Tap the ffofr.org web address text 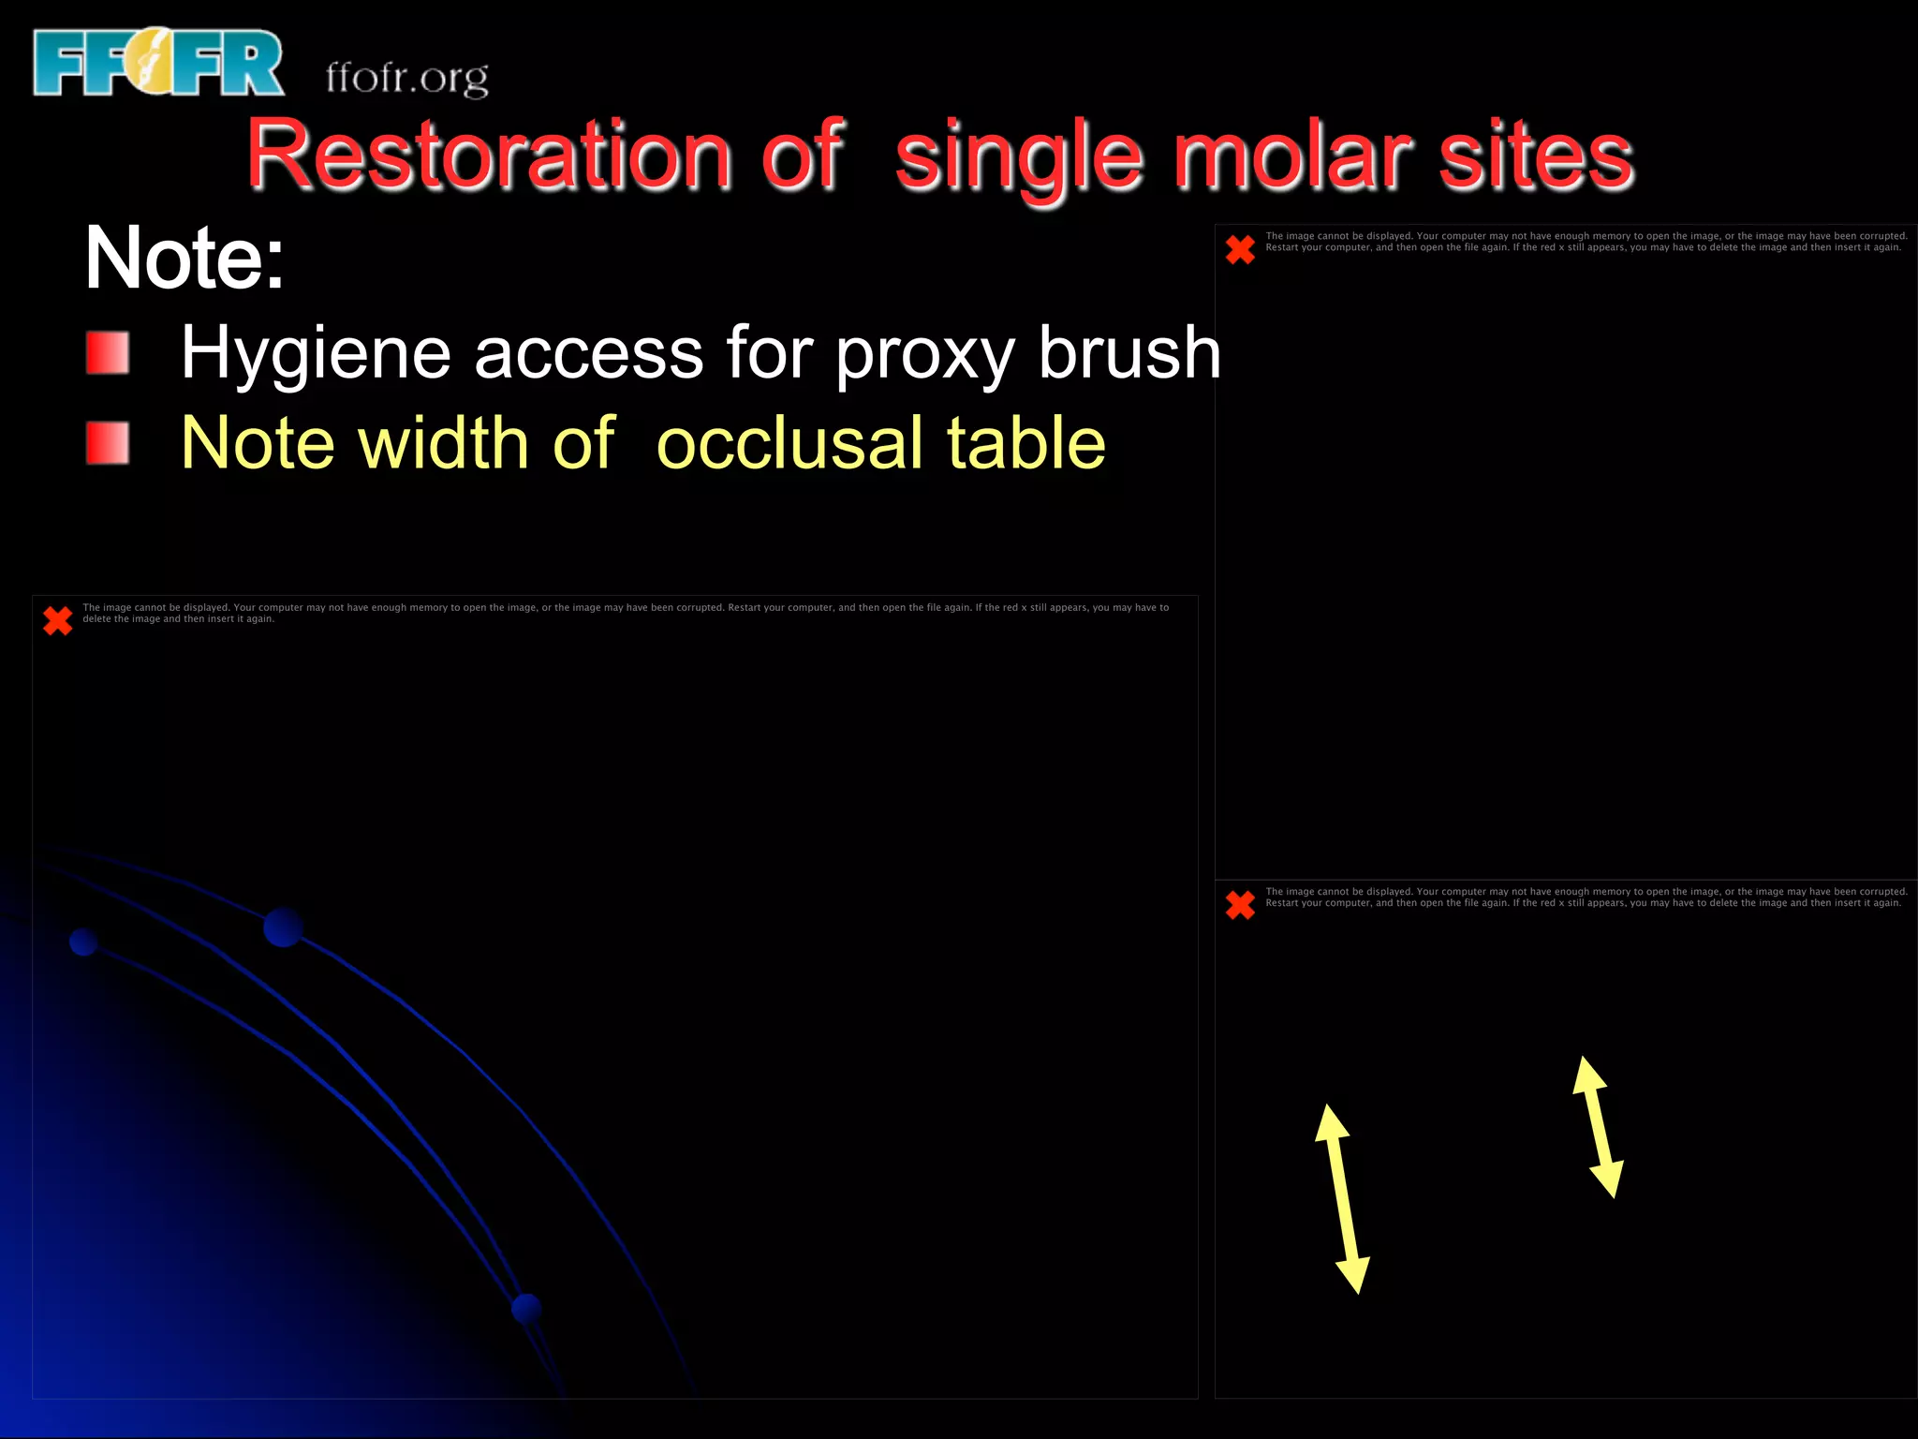[406, 77]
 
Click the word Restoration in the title [488, 155]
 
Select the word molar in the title [1292, 155]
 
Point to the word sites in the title [1536, 155]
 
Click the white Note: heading [184, 258]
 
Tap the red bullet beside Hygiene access [108, 352]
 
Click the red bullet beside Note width [108, 442]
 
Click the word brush [1129, 352]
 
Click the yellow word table [1025, 442]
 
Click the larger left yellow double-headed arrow [1342, 1198]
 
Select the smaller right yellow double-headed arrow [1598, 1127]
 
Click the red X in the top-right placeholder [1240, 249]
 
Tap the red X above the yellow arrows [1240, 904]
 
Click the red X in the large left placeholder [58, 620]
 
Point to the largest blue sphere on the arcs [283, 927]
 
